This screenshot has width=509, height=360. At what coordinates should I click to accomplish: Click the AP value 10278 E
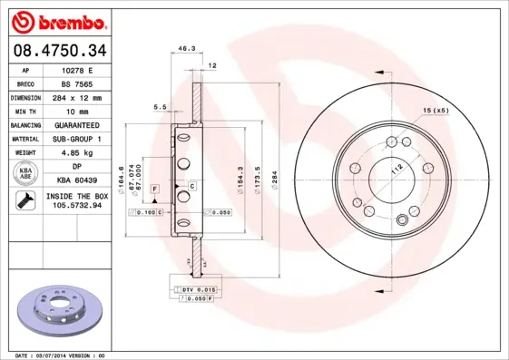pos(78,69)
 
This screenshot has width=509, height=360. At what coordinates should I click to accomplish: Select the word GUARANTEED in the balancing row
pos(78,125)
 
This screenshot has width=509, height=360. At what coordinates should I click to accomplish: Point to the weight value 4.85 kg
pos(78,153)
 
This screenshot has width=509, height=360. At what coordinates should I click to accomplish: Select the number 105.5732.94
pos(78,207)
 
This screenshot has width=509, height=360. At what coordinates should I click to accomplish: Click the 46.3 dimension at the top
pos(186,49)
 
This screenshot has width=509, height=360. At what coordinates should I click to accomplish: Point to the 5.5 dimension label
pos(161,107)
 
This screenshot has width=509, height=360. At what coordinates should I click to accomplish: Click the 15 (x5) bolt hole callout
pos(435,110)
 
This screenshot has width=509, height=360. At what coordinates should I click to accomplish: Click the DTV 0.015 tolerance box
pos(191,288)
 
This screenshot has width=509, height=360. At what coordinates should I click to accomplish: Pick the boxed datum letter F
pos(156,188)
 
